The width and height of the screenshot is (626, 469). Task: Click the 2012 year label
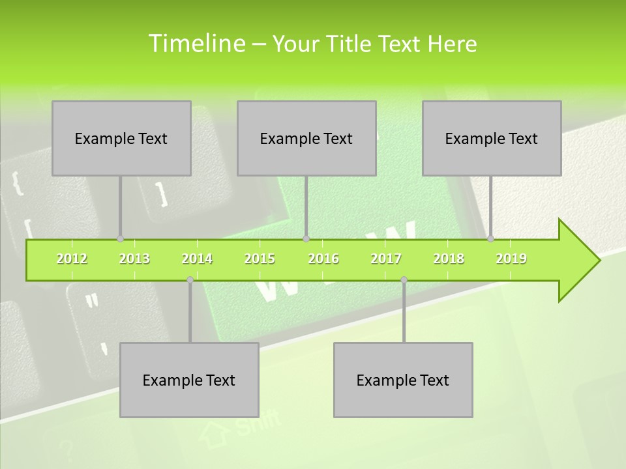tap(72, 259)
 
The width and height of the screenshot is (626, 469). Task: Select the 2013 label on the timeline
tap(134, 259)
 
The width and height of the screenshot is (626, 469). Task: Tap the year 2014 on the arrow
tap(197, 259)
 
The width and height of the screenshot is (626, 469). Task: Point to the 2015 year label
tap(260, 259)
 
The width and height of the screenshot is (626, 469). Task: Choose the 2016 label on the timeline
tap(323, 259)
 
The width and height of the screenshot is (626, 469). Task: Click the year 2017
tap(386, 259)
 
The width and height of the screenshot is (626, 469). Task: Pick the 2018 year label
tap(449, 259)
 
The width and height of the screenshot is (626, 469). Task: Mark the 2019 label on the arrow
tap(511, 259)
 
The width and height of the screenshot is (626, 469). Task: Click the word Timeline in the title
tap(196, 44)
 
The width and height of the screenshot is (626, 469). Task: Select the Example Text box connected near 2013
tap(121, 138)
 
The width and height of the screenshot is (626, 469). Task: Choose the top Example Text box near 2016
tap(306, 138)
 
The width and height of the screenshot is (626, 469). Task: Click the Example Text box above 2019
tap(492, 138)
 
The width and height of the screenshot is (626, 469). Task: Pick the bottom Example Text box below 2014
tap(189, 380)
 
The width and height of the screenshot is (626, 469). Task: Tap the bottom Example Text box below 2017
tap(403, 380)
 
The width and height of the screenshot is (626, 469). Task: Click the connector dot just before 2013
tap(120, 238)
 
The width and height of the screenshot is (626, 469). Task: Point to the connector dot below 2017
tap(404, 280)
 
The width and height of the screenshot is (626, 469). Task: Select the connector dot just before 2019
tap(490, 238)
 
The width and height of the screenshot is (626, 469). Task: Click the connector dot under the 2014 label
tap(190, 280)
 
